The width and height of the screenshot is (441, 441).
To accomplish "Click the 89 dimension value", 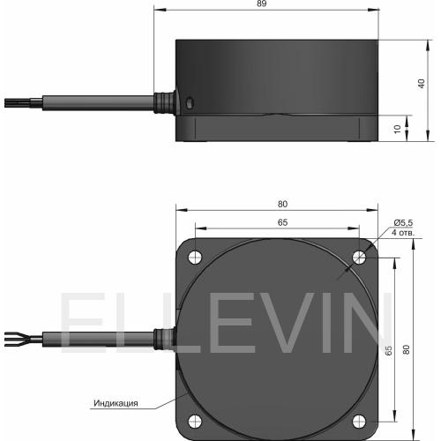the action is [x=261, y=4].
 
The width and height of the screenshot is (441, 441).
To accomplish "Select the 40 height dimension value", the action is [x=422, y=84].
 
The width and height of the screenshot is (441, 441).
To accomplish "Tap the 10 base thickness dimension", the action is [x=397, y=129].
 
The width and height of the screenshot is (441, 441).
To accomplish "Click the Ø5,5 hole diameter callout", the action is [x=403, y=223].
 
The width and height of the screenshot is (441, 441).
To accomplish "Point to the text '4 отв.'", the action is [x=403, y=233].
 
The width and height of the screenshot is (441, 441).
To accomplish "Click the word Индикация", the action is [x=116, y=403].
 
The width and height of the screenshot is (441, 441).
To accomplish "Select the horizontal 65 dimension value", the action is [x=282, y=222].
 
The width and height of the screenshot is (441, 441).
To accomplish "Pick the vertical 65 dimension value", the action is [x=388, y=350].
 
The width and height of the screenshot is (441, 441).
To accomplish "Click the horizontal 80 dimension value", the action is [x=282, y=204].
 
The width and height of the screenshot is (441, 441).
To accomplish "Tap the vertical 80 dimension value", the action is [x=406, y=349].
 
